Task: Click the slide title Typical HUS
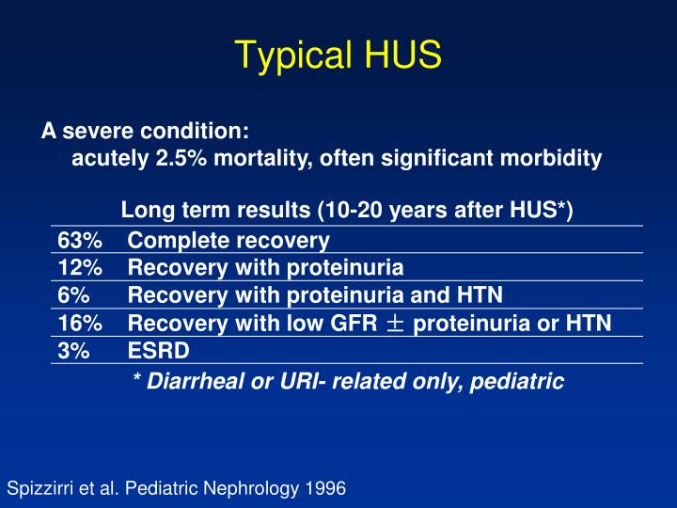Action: [x=338, y=55]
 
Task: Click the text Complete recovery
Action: [x=228, y=240]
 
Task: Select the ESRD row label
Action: [x=159, y=351]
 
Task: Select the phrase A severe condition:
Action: [x=144, y=131]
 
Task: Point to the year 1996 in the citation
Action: [x=324, y=488]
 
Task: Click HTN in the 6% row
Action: [x=480, y=295]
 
